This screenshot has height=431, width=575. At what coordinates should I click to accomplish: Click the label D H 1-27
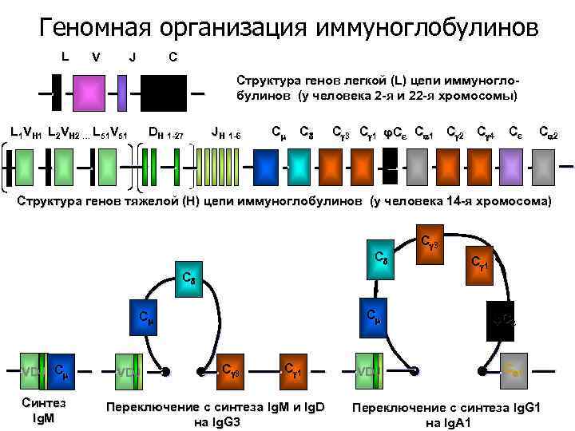[166, 132]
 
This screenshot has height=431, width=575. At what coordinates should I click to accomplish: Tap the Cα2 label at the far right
[548, 132]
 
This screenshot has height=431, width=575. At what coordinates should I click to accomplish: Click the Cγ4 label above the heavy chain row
[486, 132]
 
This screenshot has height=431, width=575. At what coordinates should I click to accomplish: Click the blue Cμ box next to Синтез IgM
[63, 369]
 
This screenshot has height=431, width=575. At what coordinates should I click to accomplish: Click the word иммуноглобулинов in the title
[427, 28]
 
